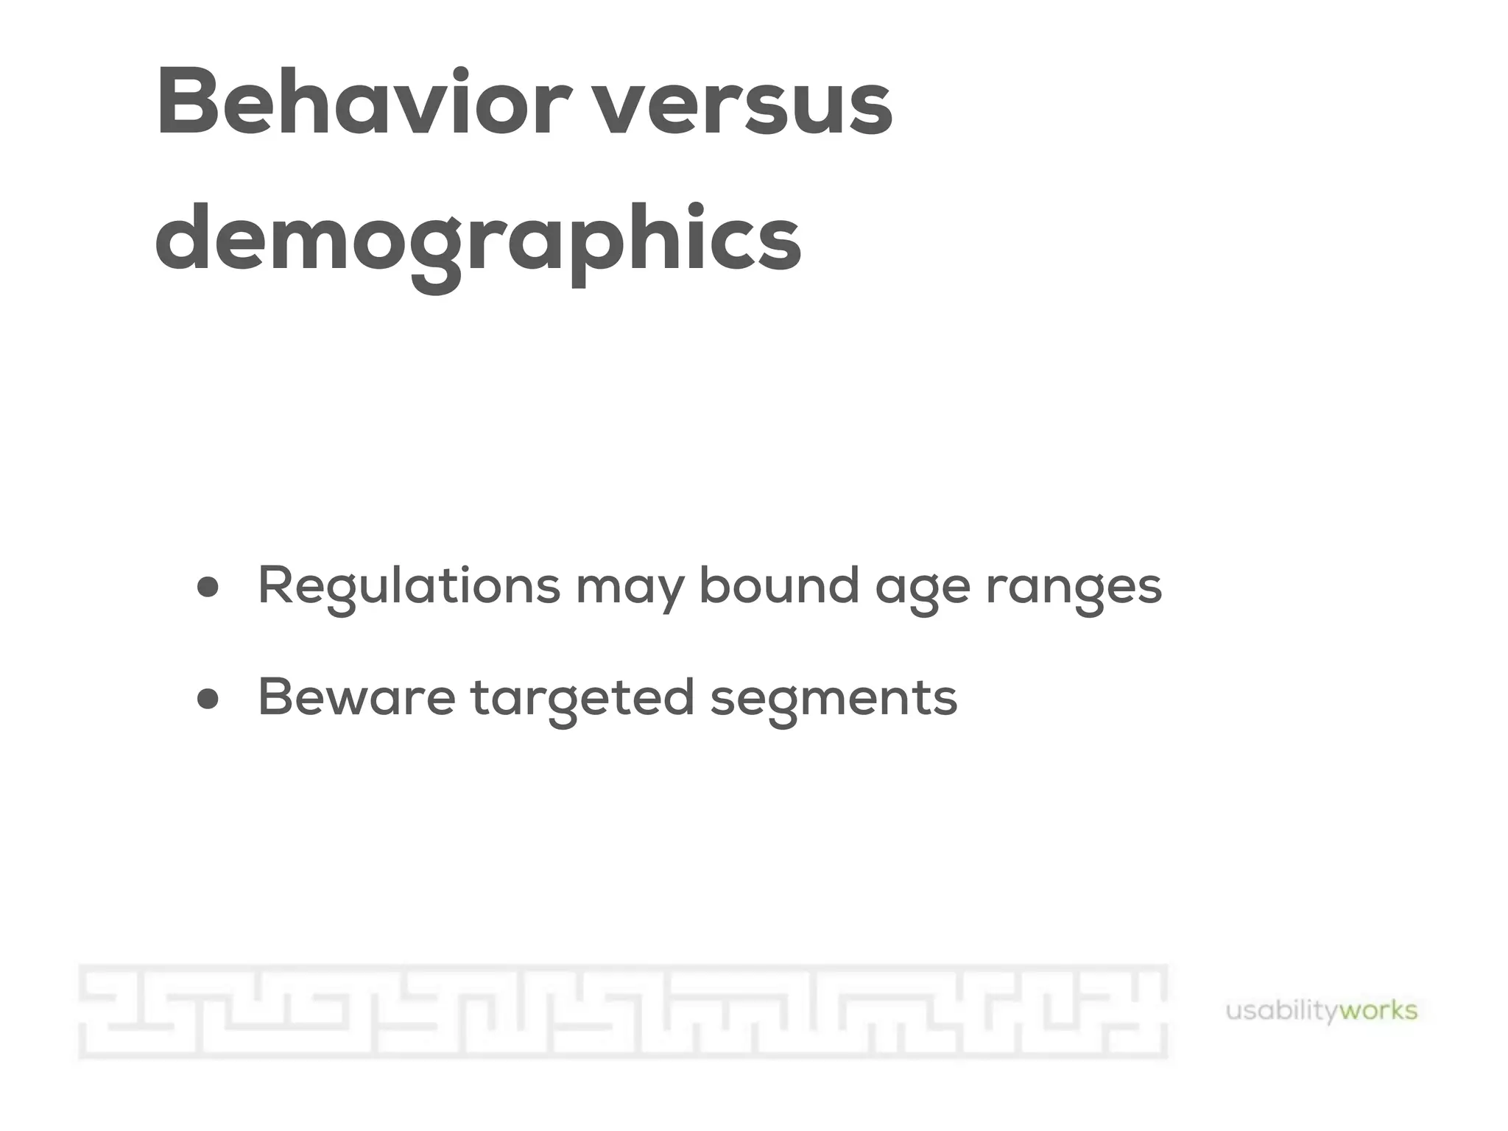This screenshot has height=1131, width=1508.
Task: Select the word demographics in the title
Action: point(478,239)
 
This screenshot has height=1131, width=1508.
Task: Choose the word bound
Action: point(779,585)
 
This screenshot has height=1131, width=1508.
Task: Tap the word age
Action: point(922,589)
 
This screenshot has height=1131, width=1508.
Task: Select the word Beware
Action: point(356,697)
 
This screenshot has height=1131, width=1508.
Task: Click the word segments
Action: point(834,700)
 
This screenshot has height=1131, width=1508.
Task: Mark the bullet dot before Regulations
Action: point(208,588)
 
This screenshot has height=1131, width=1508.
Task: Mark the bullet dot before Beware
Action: point(208,698)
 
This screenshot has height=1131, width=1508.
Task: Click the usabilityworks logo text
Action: point(1321,1011)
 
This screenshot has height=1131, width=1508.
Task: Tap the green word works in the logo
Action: point(1378,1010)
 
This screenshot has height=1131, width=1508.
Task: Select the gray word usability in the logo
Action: point(1282,1011)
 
